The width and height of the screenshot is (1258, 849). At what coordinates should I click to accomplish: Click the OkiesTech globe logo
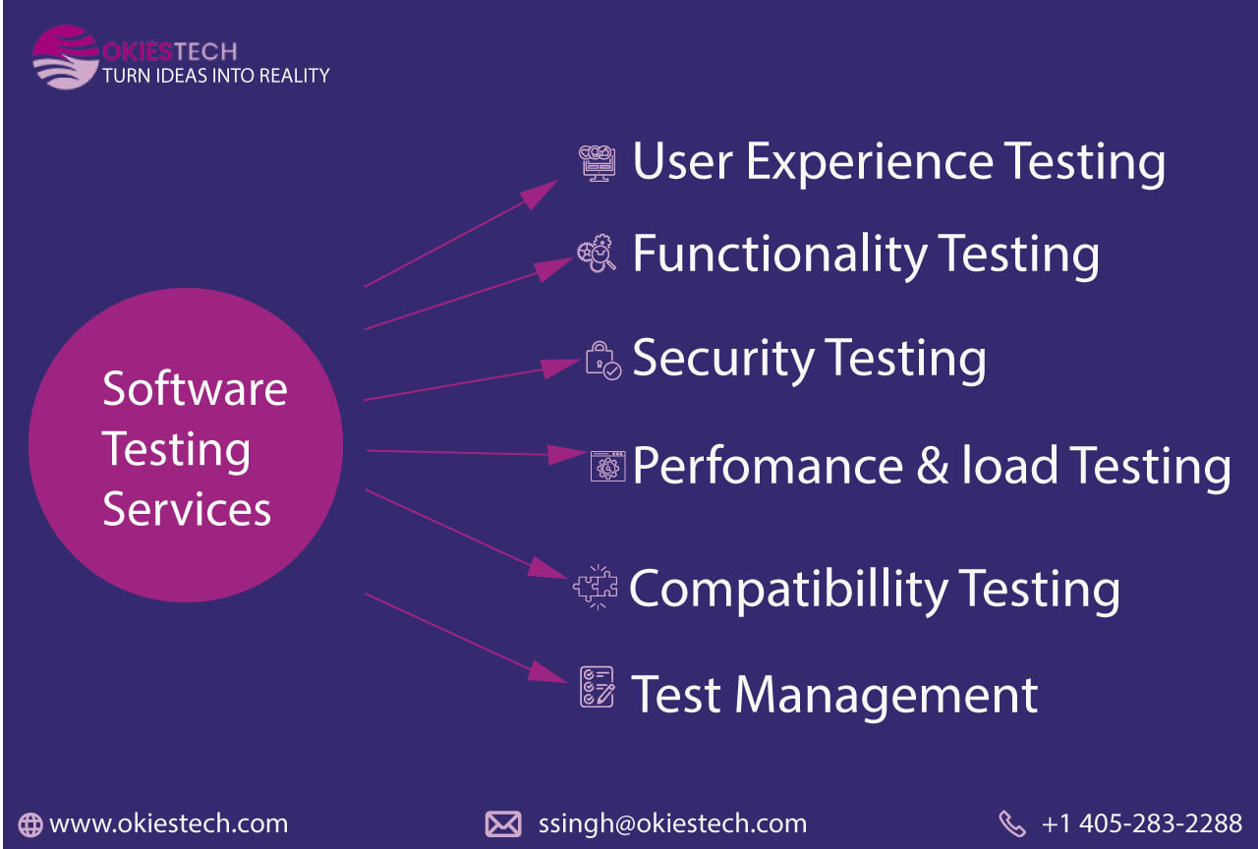[66, 57]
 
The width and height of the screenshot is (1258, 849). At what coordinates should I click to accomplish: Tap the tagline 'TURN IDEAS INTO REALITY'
[215, 76]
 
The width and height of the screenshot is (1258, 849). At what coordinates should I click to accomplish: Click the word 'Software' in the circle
[195, 388]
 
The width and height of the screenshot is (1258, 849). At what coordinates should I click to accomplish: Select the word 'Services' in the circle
[187, 509]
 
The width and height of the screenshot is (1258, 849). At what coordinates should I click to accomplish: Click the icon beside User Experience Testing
[597, 163]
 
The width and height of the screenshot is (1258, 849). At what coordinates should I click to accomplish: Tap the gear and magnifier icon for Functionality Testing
[597, 254]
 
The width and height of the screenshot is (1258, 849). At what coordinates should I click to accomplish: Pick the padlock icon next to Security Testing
[603, 361]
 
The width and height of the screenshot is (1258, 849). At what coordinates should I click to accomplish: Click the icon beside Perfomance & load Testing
[607, 466]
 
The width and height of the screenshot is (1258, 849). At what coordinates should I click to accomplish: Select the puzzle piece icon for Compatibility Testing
[596, 587]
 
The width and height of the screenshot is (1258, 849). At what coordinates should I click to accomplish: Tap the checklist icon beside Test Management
[597, 687]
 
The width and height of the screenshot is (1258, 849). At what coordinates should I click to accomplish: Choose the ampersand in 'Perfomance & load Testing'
[933, 465]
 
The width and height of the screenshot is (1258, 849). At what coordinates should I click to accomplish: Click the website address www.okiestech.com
[168, 823]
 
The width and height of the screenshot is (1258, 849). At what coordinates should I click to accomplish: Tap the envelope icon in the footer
[503, 823]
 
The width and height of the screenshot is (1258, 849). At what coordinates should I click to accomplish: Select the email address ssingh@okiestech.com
[672, 823]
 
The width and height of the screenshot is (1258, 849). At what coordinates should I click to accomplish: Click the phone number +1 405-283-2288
[1142, 823]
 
